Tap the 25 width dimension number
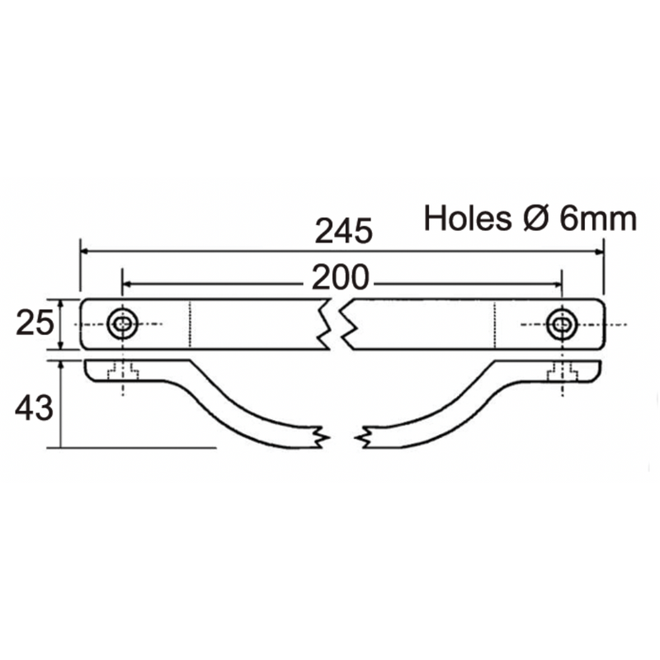pos(35,323)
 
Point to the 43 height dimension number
pos(35,408)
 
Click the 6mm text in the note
pos(598,219)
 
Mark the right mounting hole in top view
pos(562,325)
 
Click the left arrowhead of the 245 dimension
pos(85,251)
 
